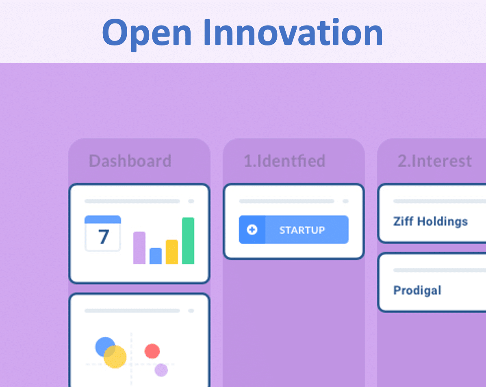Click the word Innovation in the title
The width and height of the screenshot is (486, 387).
(293, 32)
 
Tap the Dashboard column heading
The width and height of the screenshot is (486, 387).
(130, 161)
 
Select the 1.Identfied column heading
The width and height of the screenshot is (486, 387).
(284, 161)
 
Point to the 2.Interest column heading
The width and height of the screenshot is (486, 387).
(434, 161)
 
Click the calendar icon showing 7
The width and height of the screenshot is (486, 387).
(102, 233)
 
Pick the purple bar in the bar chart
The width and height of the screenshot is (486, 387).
(139, 248)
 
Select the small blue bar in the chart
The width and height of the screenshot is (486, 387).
(156, 256)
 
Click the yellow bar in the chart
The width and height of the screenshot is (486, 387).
(172, 252)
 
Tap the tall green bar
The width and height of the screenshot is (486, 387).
(188, 241)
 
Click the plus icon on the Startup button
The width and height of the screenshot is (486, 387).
(252, 230)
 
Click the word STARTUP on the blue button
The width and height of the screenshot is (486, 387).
(302, 230)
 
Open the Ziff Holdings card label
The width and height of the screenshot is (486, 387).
(430, 221)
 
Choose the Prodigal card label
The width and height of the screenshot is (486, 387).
(417, 290)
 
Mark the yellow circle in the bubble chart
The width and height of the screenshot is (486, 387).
(115, 357)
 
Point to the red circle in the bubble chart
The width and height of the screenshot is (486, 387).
(152, 351)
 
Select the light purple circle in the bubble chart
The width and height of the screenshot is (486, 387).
(161, 370)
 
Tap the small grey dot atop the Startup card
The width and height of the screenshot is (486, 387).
(345, 201)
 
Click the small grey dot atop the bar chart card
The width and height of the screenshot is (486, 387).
(191, 201)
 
